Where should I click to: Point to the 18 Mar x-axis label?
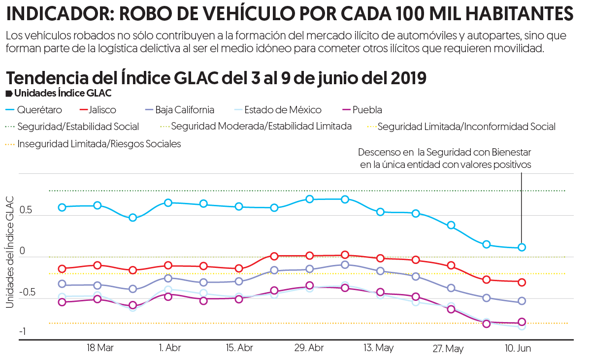tap(100, 348)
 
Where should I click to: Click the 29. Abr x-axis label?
tap(309, 348)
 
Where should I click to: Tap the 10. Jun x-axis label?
tap(518, 348)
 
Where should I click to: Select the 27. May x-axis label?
tap(448, 349)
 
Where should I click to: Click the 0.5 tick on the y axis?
tap(26, 210)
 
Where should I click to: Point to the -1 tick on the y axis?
tap(23, 331)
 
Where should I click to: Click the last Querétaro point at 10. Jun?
tap(522, 247)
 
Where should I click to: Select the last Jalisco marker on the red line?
tap(522, 282)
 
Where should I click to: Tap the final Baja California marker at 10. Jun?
tap(522, 301)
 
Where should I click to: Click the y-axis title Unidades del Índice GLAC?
tap(9, 251)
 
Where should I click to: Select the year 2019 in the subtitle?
tap(408, 78)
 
